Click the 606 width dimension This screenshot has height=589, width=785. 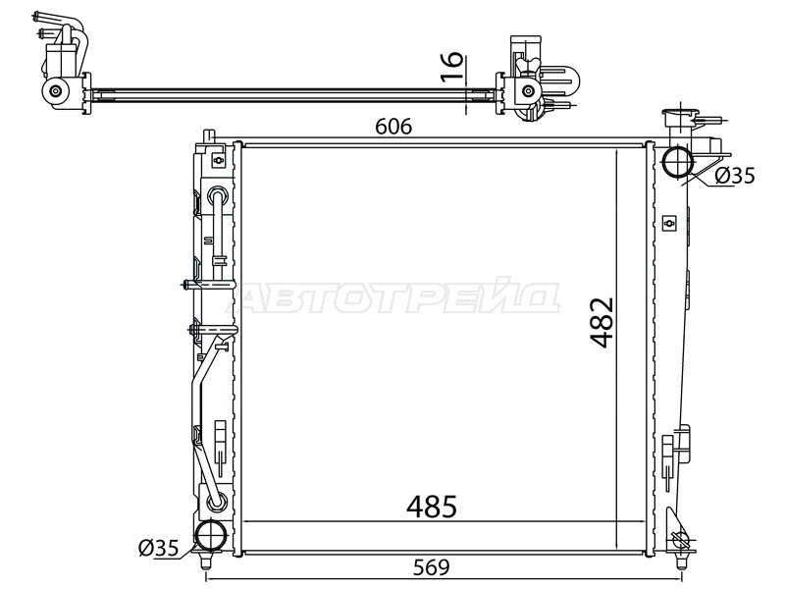click(x=393, y=127)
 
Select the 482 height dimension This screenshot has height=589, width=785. click(x=602, y=322)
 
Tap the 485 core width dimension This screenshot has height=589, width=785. click(x=432, y=507)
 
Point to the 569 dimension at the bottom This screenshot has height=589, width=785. click(x=432, y=567)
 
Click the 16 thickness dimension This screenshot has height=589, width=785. click(x=452, y=66)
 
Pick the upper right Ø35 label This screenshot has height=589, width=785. click(x=734, y=176)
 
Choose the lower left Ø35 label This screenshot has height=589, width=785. click(x=158, y=549)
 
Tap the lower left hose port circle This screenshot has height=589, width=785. click(x=211, y=535)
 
